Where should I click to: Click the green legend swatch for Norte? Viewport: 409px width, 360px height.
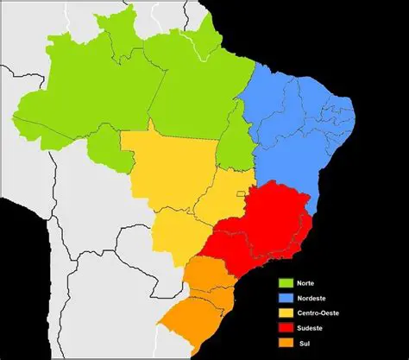coord(285,281)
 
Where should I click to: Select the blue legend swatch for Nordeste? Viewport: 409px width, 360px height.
coord(285,297)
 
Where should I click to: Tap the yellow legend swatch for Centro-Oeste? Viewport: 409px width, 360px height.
coord(285,313)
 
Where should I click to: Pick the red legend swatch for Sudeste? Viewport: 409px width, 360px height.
coord(285,328)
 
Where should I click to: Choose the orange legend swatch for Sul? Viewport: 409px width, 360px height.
coord(285,344)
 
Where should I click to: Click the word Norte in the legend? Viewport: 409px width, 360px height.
coord(306,281)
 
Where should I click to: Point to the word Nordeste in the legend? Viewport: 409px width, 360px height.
coord(311,297)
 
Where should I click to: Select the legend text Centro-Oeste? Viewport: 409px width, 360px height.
coord(318,313)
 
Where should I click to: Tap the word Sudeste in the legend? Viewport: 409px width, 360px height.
coord(310,328)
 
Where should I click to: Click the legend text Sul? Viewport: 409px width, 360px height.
coord(304,344)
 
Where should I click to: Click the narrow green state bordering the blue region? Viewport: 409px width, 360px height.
coord(231,151)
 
